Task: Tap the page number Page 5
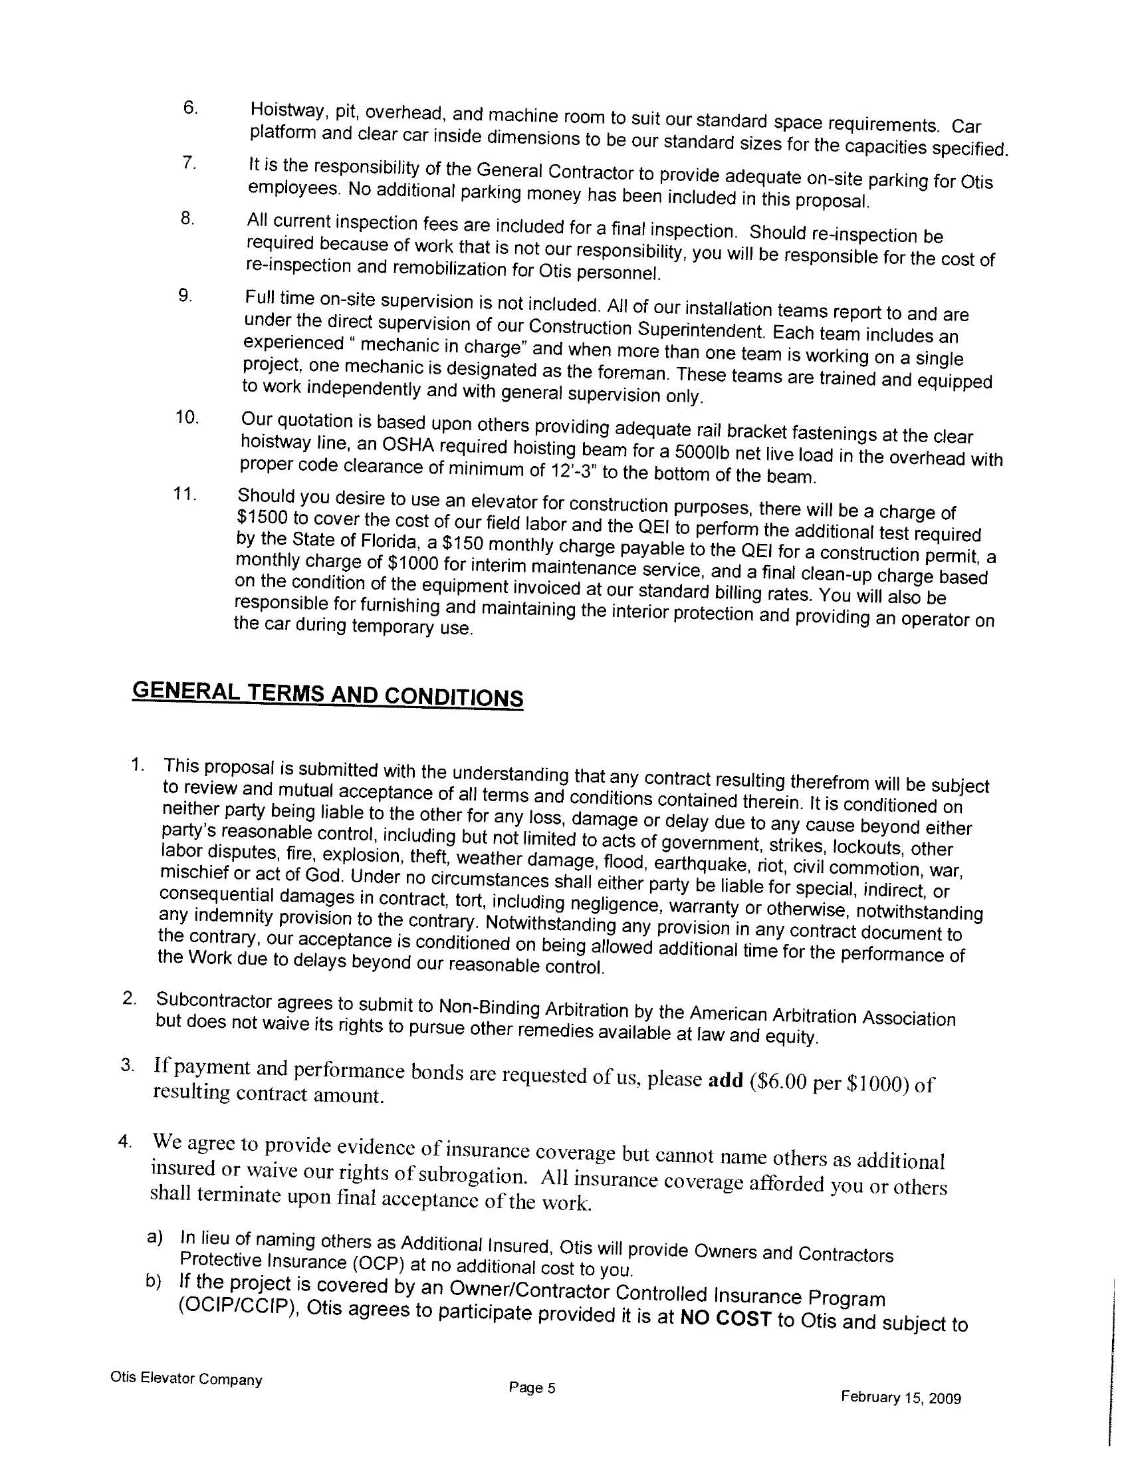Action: (x=532, y=1388)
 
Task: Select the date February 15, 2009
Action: (x=901, y=1398)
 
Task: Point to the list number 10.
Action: (x=187, y=418)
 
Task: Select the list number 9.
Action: (x=185, y=296)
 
